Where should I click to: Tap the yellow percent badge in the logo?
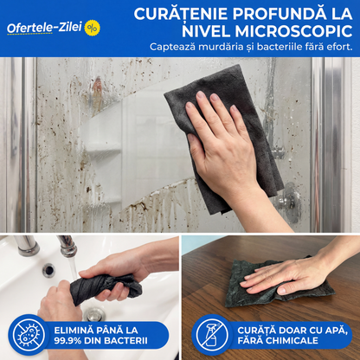pyautogui.click(x=92, y=27)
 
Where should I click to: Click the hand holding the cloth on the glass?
pyautogui.click(x=223, y=143)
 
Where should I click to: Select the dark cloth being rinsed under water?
pyautogui.click(x=106, y=286)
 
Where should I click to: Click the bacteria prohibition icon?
pyautogui.click(x=26, y=335)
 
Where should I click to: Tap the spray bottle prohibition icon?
pyautogui.click(x=211, y=335)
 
